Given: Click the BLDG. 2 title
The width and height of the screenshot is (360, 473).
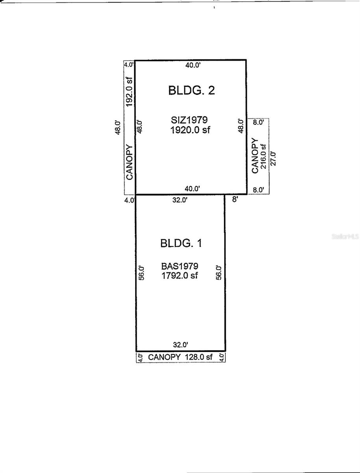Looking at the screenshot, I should click(191, 90).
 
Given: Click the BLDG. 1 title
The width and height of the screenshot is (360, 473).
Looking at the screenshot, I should click(181, 243).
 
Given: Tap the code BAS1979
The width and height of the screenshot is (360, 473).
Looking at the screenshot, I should click(180, 267).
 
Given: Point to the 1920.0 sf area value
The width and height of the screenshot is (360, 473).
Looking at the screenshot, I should click(190, 130).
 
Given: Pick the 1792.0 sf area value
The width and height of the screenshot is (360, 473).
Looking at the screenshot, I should click(180, 276).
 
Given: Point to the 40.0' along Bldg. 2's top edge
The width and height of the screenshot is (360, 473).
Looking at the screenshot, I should click(193, 66).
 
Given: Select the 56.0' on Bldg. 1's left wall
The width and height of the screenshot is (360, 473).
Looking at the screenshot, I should click(142, 272).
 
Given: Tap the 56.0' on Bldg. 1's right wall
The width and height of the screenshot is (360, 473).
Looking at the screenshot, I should click(219, 272).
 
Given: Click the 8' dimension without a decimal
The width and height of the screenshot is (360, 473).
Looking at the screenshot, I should click(235, 200).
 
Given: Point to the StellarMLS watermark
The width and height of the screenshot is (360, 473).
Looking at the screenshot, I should click(345, 237).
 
